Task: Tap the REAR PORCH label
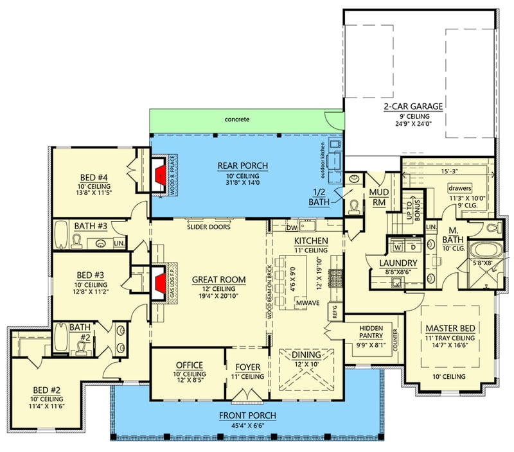(242, 166)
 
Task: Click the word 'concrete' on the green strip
(237, 119)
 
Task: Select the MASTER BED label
(450, 329)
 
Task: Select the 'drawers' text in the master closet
(459, 189)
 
